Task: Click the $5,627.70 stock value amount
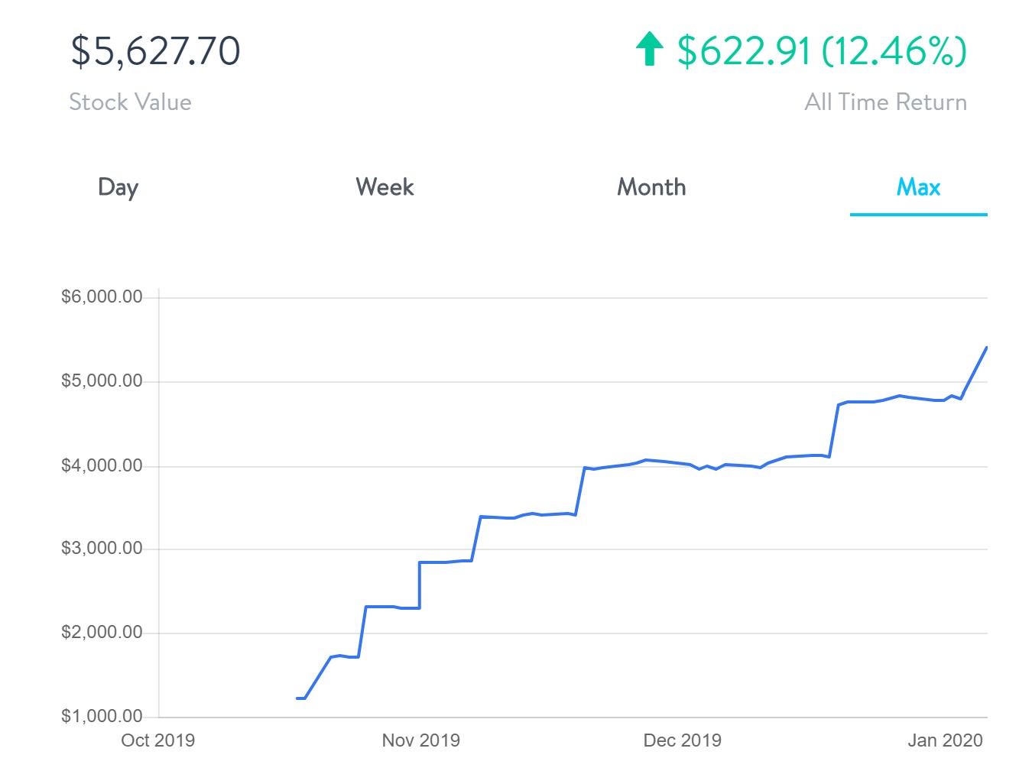[155, 51]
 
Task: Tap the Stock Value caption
[130, 102]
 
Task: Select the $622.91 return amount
[743, 51]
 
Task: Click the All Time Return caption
[885, 102]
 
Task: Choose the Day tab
[118, 187]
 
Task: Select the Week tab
[385, 187]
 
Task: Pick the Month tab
[651, 187]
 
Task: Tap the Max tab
[918, 187]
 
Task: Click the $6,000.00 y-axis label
[102, 296]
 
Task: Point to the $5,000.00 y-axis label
[102, 381]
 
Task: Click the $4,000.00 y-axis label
[102, 465]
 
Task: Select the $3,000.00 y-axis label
[102, 548]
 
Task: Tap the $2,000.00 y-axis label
[102, 632]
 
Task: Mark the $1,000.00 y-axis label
[102, 716]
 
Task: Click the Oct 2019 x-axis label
[157, 740]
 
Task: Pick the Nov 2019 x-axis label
[420, 740]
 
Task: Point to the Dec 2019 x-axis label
[682, 740]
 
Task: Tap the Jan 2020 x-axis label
[945, 740]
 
